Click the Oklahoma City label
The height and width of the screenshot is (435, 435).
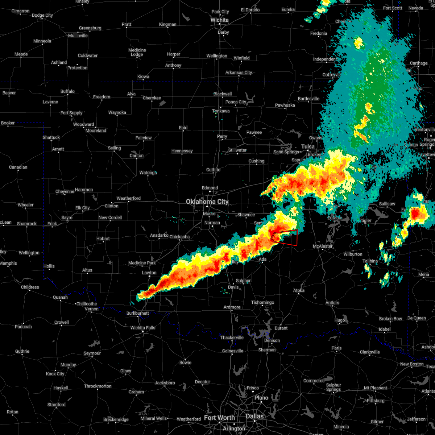207,202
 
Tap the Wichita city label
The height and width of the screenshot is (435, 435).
220,20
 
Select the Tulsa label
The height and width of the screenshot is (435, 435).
308,146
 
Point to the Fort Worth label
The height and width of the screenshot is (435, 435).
219,418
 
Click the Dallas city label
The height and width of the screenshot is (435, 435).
255,416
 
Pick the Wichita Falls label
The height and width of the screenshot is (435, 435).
143,328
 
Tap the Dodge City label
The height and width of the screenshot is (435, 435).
42,16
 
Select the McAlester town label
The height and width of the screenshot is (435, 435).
323,246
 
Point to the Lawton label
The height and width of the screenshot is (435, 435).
149,273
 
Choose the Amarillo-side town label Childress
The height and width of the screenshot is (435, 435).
30,287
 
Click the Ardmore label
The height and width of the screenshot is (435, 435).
232,307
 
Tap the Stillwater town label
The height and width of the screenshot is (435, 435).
237,150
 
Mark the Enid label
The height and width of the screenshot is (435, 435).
183,128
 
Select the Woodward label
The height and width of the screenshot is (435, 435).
83,124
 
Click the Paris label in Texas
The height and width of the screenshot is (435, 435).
336,348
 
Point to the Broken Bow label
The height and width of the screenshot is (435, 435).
390,319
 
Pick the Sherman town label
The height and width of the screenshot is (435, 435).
267,350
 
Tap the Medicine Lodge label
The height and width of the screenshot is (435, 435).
137,53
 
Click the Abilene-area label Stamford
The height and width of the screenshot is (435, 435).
57,405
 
